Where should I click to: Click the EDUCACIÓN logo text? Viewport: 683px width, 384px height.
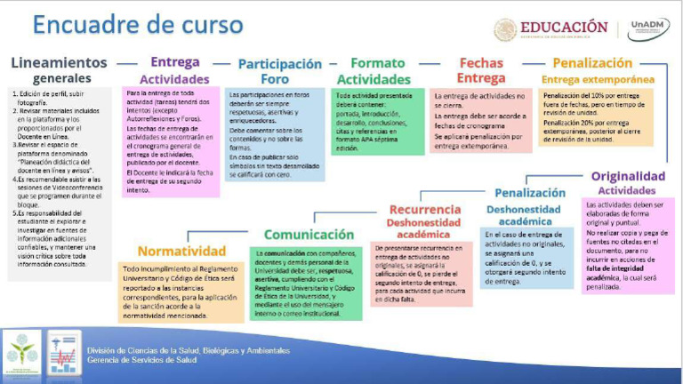click(x=565, y=27)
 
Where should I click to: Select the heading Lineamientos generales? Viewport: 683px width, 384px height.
click(x=59, y=71)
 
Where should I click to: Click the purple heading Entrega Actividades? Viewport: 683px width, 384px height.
click(x=174, y=70)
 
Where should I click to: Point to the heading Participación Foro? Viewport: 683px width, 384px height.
click(x=280, y=71)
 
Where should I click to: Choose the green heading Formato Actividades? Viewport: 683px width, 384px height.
click(x=378, y=71)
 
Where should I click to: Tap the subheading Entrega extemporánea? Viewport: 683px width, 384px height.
click(x=597, y=80)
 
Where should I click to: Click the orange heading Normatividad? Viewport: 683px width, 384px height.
click(x=181, y=252)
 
